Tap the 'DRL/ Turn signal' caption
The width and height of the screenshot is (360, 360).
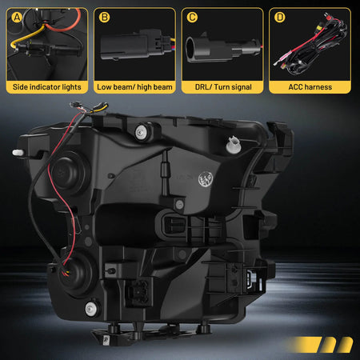[220, 85]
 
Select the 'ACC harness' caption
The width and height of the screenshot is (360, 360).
[309, 85]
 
